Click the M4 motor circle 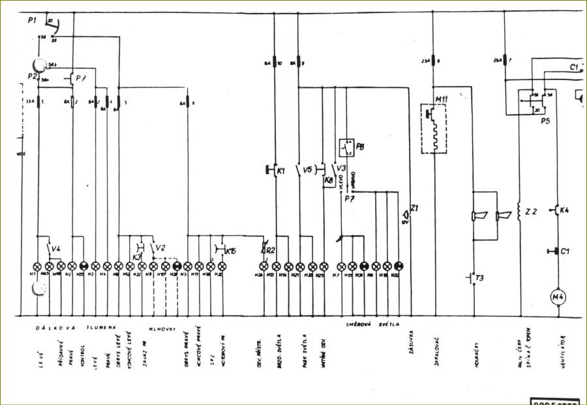pos(558,298)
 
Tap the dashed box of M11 pos(434,130)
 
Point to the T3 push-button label pos(480,278)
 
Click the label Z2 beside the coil pos(531,212)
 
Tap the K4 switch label pos(564,210)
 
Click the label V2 pos(160,248)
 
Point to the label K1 pos(282,171)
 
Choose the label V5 pos(309,170)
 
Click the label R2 pos(272,249)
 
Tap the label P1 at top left pos(32,21)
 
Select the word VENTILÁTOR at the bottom pos(562,352)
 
